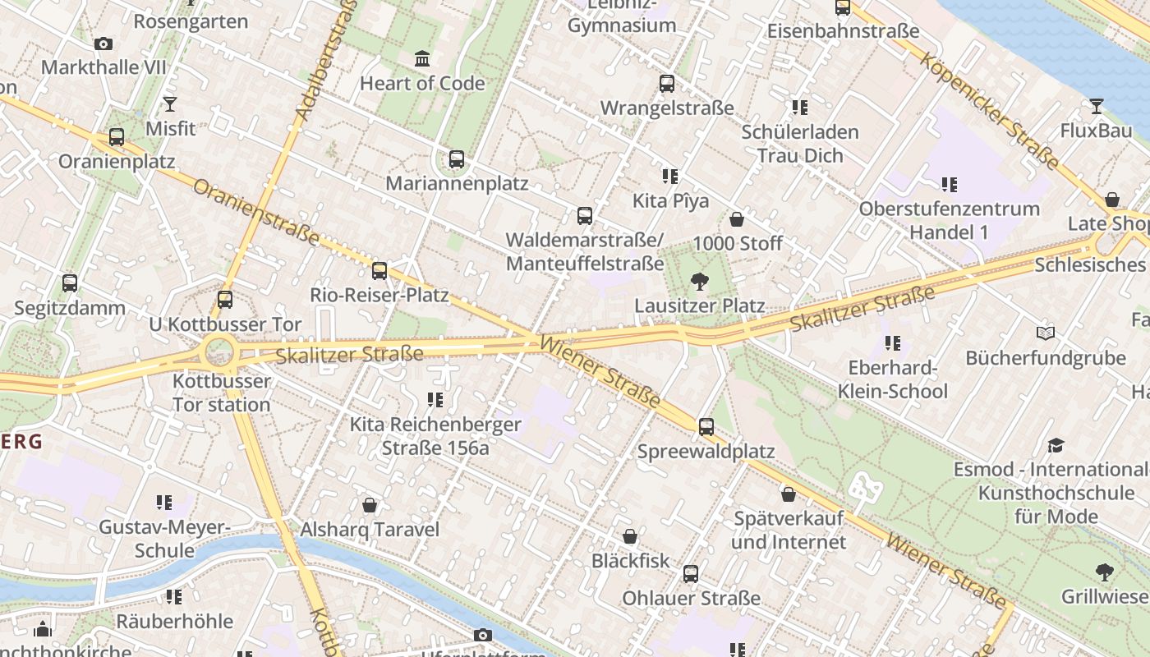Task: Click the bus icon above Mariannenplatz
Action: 457,159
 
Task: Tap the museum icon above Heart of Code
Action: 422,59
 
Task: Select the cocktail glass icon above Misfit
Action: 170,104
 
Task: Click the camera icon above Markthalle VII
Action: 103,44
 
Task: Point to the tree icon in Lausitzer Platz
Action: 699,282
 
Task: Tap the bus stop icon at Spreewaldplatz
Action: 706,427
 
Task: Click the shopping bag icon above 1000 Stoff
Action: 737,219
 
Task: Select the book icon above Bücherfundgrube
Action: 1045,333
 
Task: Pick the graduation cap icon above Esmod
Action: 1056,446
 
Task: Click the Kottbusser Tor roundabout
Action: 219,354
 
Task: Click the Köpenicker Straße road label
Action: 988,110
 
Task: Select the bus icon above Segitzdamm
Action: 70,283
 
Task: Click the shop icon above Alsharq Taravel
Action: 370,505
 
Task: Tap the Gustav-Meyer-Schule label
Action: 164,538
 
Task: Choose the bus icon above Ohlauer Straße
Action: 691,574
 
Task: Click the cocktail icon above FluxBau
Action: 1096,106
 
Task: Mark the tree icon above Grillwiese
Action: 1105,572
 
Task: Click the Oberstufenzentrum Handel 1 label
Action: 950,220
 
